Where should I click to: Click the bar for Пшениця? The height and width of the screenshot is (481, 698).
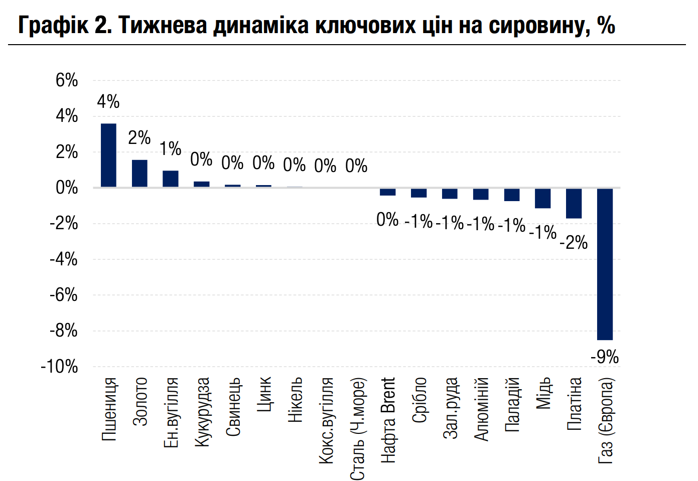108,155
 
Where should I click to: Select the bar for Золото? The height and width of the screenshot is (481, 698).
139,174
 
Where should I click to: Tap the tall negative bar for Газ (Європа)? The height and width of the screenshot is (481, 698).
605,264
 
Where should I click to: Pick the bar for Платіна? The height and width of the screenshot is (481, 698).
574,203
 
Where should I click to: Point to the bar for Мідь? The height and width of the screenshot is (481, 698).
542,198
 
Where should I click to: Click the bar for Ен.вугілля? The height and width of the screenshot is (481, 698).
171,179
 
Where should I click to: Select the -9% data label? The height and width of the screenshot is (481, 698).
605,357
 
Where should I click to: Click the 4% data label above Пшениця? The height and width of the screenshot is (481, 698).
108,102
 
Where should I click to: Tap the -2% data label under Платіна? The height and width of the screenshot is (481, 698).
574,243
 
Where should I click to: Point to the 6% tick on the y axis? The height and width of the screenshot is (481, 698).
67,80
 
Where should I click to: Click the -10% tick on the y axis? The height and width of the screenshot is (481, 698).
60,367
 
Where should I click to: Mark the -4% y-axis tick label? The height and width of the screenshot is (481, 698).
64,259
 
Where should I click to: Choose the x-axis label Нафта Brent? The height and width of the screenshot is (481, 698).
388,420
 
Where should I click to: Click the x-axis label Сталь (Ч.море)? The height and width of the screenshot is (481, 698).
357,429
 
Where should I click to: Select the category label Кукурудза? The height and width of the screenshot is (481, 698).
202,412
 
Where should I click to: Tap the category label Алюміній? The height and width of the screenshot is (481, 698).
482,409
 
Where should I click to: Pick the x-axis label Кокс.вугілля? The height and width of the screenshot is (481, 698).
326,420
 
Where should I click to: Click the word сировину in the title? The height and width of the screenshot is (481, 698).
539,25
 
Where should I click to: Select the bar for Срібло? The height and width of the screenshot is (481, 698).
418,193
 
